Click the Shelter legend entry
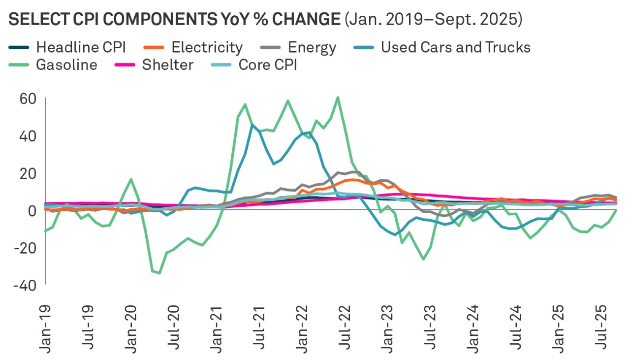click(167, 65)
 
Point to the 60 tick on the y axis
click(29, 98)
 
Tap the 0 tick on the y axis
click(32, 210)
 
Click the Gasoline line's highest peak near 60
click(338, 98)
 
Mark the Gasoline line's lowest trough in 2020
click(159, 273)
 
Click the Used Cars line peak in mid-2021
click(252, 125)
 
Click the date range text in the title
click(433, 20)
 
